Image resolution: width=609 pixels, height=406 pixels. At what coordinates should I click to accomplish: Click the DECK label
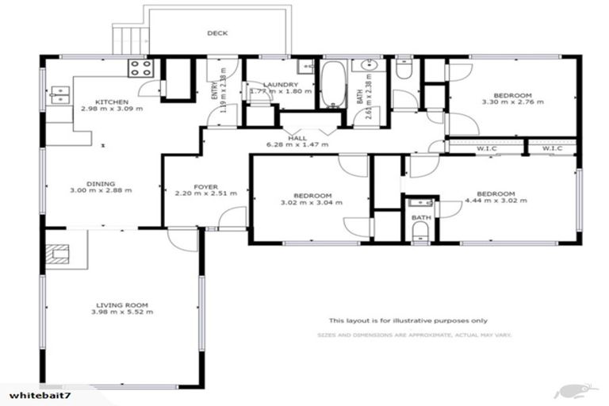click(x=217, y=33)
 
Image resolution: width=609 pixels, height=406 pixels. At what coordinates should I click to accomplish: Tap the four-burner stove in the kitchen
click(x=140, y=67)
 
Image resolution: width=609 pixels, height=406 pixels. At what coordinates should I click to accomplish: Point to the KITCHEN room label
click(x=111, y=101)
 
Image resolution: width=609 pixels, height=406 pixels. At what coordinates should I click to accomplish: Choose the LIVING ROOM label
click(x=123, y=304)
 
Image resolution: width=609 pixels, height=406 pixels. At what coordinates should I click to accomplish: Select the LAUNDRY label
click(x=281, y=85)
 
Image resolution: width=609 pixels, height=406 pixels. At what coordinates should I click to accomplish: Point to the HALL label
click(x=297, y=137)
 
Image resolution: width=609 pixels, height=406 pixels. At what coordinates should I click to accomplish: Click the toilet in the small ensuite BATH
click(x=420, y=231)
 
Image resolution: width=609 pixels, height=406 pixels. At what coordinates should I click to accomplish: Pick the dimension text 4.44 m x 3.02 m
click(x=496, y=201)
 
